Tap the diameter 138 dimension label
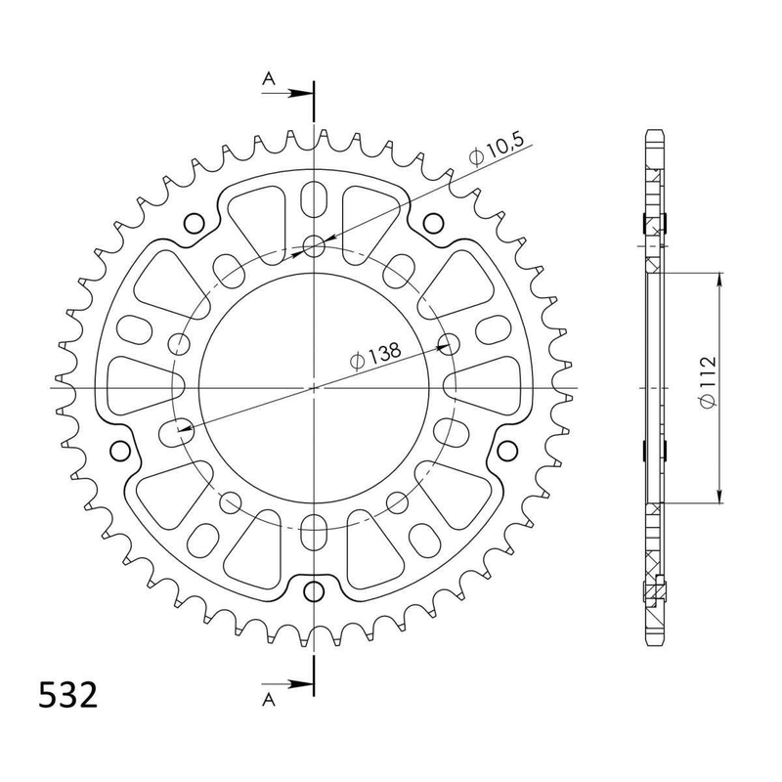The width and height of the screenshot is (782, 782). (x=375, y=355)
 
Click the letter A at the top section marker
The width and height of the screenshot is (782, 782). (x=269, y=78)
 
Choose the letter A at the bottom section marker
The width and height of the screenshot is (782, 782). (x=269, y=700)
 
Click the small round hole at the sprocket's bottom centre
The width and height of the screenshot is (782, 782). (x=314, y=591)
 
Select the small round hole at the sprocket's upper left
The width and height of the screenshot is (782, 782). (x=194, y=223)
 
